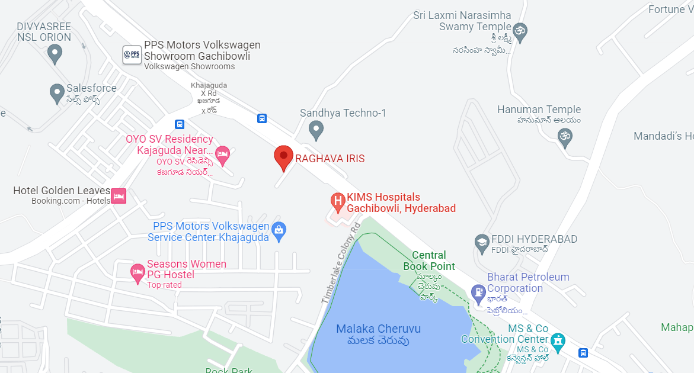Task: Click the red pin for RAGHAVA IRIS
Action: click(283, 156)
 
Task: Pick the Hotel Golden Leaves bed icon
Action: click(119, 195)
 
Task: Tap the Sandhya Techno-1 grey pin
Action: click(316, 128)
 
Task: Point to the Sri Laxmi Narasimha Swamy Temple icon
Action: click(520, 32)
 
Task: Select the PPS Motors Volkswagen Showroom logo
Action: click(132, 55)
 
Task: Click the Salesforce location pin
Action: click(57, 92)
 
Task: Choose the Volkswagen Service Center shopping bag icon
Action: click(279, 230)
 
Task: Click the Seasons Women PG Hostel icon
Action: click(137, 272)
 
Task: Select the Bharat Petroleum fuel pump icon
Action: click(478, 292)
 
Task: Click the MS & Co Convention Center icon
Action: click(558, 341)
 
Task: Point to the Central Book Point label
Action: click(429, 261)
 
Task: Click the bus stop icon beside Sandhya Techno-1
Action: click(262, 118)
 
